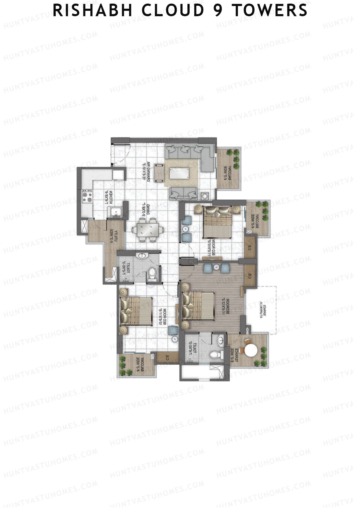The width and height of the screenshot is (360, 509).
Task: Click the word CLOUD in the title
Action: coord(172,10)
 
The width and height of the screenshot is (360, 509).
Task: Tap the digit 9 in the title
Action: coord(218,10)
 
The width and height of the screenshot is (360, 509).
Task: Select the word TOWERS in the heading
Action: coord(269,10)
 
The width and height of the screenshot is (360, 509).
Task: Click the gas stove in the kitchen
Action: coord(87,196)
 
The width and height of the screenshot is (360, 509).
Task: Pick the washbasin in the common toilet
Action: coord(141,256)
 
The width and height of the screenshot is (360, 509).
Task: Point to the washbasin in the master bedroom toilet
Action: coord(220,340)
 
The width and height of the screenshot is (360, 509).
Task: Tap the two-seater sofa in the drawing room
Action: coord(183,193)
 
